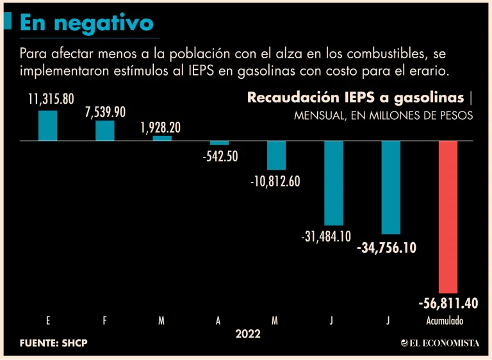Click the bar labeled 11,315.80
pos(47,126)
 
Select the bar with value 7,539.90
pos(104,131)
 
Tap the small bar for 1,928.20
pos(162,138)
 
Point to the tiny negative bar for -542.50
pos(219,143)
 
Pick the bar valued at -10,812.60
pos(276,155)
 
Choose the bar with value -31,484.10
pos(333,183)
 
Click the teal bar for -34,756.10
pos(391,187)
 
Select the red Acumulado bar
pos(448,217)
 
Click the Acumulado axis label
pos(445,321)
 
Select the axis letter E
pos(48,321)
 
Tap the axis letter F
pos(105,321)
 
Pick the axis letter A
pos(218,321)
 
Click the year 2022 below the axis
pos(248,334)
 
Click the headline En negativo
pos(86,22)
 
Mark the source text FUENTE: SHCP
pos(53,343)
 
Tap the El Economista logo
pos(439,343)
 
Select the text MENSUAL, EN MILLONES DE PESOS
pos(383,116)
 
